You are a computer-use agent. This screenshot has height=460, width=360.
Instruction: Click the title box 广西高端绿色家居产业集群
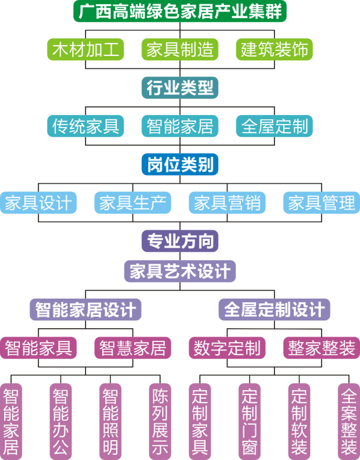click(x=180, y=11)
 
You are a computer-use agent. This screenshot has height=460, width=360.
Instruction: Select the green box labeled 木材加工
click(x=85, y=49)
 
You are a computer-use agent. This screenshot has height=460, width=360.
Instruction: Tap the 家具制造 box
click(x=180, y=49)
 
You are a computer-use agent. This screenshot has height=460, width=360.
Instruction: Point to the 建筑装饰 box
click(x=275, y=49)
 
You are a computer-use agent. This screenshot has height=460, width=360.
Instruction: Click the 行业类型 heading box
click(x=180, y=88)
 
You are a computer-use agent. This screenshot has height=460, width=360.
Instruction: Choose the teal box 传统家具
click(x=85, y=126)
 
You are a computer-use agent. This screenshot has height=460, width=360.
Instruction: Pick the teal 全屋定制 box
click(x=275, y=126)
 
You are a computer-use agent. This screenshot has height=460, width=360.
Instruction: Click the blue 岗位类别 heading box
click(x=180, y=164)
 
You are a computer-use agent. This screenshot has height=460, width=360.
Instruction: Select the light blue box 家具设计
click(x=38, y=203)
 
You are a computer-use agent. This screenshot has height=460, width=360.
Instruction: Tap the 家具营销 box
click(x=227, y=203)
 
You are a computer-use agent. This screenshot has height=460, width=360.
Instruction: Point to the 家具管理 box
click(x=321, y=203)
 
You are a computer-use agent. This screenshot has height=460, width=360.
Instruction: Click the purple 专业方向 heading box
click(x=180, y=241)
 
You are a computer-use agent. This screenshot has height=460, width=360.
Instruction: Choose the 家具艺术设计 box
click(x=180, y=272)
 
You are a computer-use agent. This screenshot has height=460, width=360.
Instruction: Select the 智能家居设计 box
click(x=85, y=309)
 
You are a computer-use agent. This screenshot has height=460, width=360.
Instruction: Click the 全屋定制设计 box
click(x=275, y=309)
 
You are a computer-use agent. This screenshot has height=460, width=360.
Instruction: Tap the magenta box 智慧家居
click(x=132, y=348)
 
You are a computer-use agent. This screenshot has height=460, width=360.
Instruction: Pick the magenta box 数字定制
click(x=227, y=348)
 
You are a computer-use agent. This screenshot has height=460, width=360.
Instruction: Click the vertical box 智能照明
click(x=110, y=421)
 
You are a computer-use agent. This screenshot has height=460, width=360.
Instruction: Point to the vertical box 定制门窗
click(x=249, y=421)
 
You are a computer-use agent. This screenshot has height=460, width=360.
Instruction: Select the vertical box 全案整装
click(x=349, y=421)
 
